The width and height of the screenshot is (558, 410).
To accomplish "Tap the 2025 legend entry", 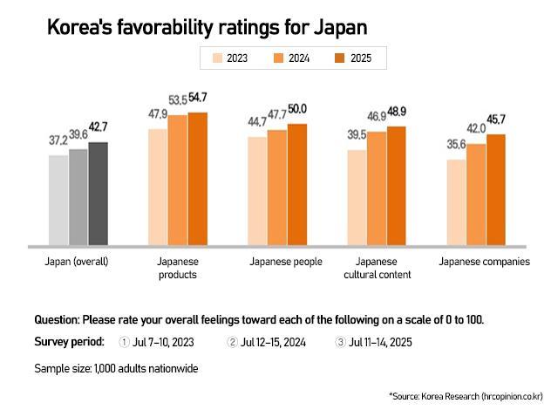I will (346, 58).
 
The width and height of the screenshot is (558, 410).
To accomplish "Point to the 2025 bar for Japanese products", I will (198, 179).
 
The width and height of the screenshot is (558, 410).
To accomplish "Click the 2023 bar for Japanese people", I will (257, 191).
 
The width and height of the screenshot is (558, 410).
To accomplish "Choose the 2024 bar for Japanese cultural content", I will (377, 188).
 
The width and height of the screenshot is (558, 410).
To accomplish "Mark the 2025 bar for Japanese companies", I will (496, 190).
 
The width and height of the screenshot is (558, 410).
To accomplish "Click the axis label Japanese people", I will (286, 262).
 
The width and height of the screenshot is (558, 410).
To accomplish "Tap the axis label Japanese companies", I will (484, 262).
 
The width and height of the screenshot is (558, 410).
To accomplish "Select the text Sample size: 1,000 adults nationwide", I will (116, 368).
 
